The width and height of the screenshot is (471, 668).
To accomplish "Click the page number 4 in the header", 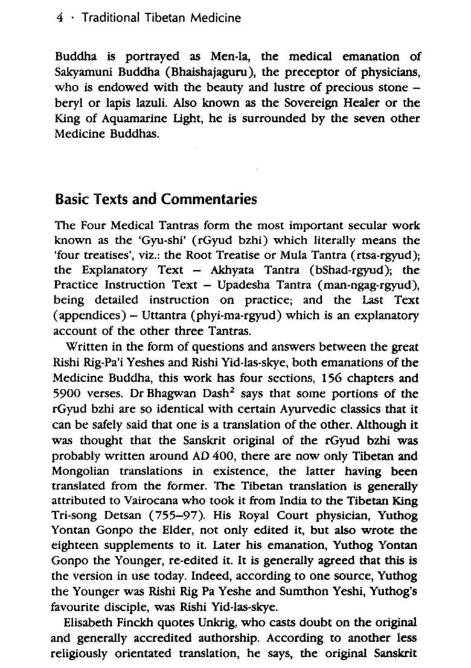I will point(59,17).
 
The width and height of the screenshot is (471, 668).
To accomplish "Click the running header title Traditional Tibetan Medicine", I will point(161,17).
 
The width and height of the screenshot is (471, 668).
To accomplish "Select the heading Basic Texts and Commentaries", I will point(156,199).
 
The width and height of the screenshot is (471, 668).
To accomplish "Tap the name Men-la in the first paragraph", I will point(228,57).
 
